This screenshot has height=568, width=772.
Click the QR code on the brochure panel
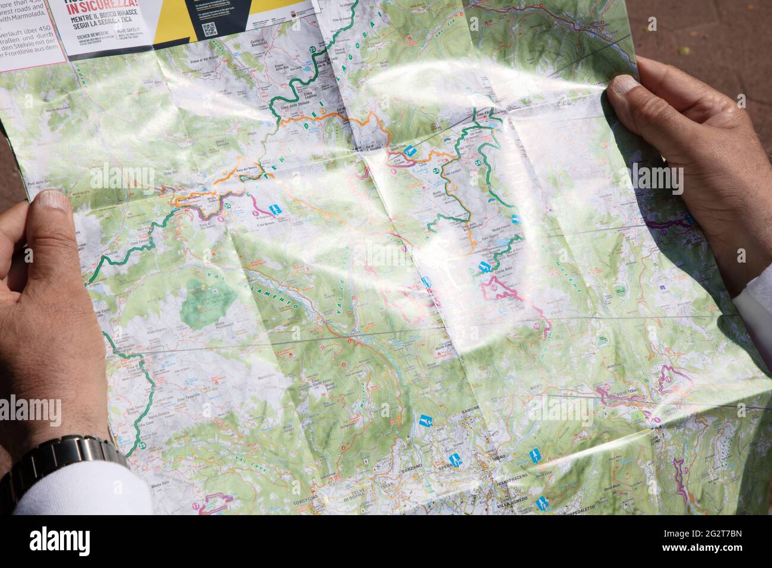click(209, 30)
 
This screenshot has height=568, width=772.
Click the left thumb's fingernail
click(52, 199)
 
